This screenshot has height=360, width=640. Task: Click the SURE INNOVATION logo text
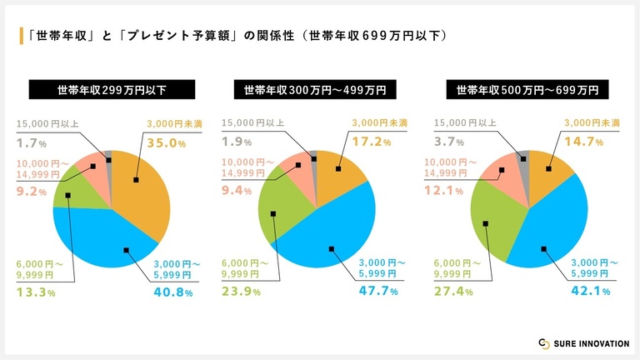588,344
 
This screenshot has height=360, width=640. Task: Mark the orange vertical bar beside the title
21,36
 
